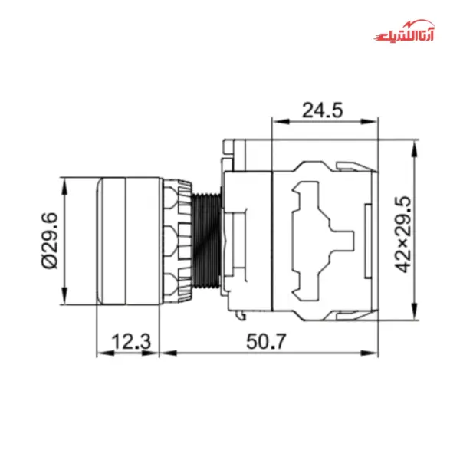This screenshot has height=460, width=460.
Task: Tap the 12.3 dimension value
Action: (130, 341)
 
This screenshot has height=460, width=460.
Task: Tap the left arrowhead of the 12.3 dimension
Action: (100, 353)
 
